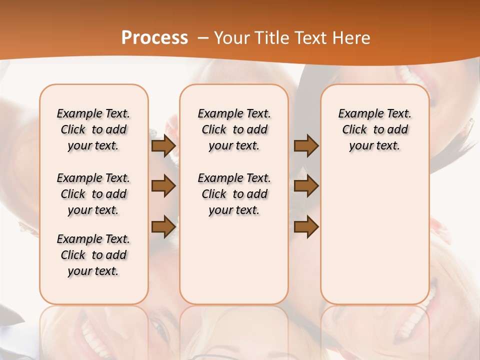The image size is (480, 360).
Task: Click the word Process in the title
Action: click(x=154, y=38)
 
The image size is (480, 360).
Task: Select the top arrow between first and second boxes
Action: click(x=163, y=146)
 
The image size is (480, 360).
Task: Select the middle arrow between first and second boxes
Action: click(x=163, y=186)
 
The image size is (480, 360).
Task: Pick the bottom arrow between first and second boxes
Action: click(x=163, y=226)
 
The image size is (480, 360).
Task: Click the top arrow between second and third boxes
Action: click(x=306, y=146)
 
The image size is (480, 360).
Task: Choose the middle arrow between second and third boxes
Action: click(x=306, y=186)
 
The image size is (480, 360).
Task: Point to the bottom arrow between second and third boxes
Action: click(x=306, y=226)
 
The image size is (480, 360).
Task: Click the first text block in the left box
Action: click(x=93, y=129)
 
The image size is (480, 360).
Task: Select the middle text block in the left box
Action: click(x=93, y=194)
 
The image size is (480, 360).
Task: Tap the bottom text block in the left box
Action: click(x=93, y=255)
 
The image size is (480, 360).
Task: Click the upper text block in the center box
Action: click(x=234, y=129)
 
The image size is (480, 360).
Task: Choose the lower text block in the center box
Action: click(x=234, y=194)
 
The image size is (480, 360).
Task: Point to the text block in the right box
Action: click(x=374, y=129)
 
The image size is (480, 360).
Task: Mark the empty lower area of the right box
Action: click(x=374, y=235)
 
